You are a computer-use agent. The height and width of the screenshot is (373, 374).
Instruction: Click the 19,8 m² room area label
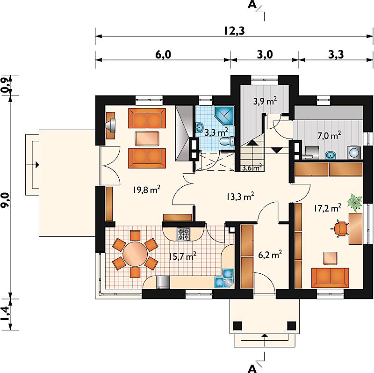click(x=147, y=190)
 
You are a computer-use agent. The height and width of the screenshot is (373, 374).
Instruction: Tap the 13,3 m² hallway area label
click(x=240, y=196)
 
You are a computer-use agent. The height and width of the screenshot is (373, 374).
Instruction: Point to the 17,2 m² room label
click(x=327, y=208)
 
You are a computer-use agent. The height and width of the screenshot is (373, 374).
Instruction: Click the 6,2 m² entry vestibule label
click(x=270, y=255)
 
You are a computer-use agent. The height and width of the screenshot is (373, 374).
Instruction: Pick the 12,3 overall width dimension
click(x=234, y=31)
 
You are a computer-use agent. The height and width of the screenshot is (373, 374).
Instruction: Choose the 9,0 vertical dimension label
click(x=6, y=201)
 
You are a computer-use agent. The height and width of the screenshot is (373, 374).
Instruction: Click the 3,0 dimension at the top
click(x=265, y=55)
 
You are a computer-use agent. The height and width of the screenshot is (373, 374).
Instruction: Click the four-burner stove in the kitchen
click(x=183, y=234)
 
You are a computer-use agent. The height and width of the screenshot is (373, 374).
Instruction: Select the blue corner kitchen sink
click(x=225, y=278)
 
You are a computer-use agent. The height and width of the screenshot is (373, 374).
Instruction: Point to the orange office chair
click(x=341, y=229)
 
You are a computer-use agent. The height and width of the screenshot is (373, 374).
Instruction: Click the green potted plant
click(x=355, y=203)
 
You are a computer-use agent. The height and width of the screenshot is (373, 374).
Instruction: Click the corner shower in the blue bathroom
click(x=224, y=115)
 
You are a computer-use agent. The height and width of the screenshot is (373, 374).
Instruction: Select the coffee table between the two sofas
click(x=147, y=138)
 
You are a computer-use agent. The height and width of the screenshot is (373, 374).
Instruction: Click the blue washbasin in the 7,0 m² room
click(x=331, y=155)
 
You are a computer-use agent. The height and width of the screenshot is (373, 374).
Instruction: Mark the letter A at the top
click(x=252, y=4)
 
